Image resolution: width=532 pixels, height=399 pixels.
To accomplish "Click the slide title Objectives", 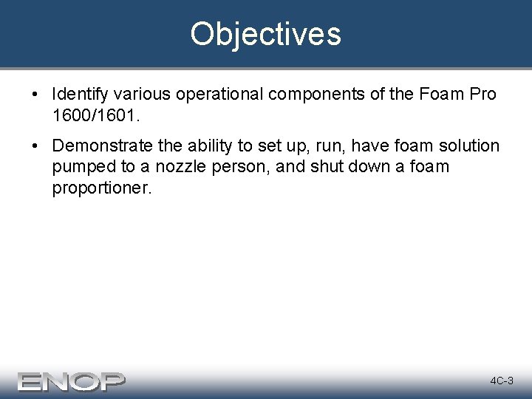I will [x=265, y=34].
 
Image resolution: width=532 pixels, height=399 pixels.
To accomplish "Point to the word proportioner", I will [x=101, y=188].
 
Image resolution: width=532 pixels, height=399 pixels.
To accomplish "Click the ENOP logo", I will [x=72, y=381].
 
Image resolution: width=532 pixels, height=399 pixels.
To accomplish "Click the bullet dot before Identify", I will [x=35, y=95].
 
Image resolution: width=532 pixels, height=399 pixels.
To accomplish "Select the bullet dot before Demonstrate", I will [x=35, y=147].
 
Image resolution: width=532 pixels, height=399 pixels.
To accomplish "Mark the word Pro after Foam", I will [x=480, y=95].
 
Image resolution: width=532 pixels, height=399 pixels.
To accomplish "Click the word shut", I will [x=331, y=167].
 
